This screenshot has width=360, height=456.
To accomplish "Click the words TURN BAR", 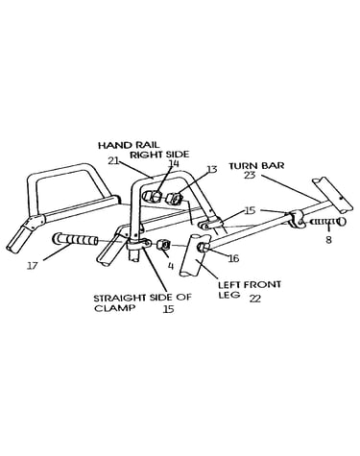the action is point(256,166).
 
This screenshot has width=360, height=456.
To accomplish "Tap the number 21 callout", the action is point(113,161).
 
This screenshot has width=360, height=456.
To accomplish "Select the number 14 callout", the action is point(174,163).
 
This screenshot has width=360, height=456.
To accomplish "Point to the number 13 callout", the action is point(212,169).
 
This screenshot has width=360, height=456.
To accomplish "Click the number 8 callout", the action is point(328,239).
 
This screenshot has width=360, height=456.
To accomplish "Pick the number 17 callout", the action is point(32,266).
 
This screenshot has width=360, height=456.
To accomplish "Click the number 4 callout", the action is point(171,266).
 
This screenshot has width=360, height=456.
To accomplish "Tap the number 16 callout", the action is point(234,258).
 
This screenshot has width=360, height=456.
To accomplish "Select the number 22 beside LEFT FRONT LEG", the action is point(255,299).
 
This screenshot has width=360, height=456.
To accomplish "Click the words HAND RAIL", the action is point(129,145).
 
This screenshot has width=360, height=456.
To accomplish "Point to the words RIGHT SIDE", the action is point(159,155).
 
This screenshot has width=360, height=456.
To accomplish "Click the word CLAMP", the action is point(114,308).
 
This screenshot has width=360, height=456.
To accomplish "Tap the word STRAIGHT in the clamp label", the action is point(120,298).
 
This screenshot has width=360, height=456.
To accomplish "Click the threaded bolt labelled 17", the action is point(76,240).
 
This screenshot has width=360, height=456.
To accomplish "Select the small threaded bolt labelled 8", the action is point(327,222).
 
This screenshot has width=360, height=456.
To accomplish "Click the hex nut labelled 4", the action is point(163,246).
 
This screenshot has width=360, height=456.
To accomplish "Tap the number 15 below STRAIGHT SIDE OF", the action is point(168,309).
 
